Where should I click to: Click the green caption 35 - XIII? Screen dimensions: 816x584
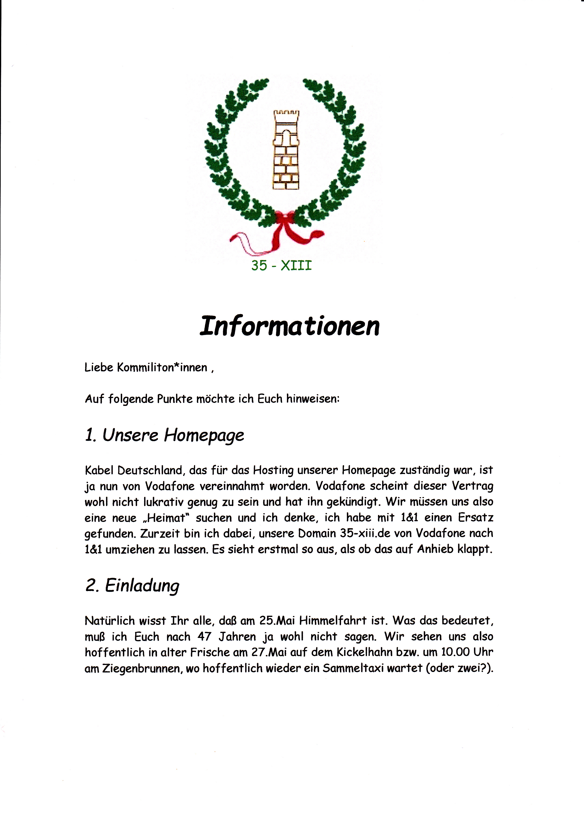coord(281,266)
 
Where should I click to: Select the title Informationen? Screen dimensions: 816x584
coord(289,326)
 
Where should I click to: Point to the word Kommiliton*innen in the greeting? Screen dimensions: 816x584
coord(162,368)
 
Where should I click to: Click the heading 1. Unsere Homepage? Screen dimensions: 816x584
coord(164,436)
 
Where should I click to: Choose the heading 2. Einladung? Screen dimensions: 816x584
coord(132,586)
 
